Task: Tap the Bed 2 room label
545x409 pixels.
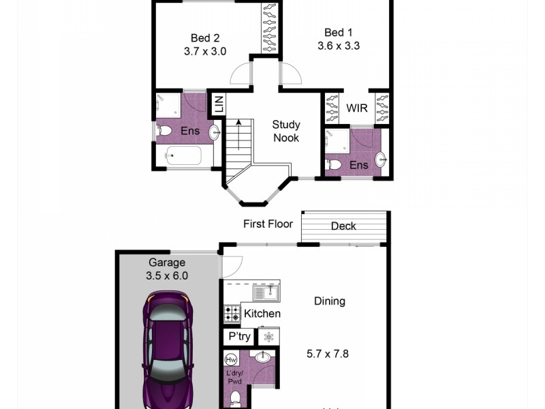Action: [205, 38]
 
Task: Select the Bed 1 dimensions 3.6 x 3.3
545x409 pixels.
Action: [339, 46]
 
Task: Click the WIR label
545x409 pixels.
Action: [357, 108]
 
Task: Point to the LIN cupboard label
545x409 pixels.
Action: [219, 105]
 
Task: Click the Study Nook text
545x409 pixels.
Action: [286, 131]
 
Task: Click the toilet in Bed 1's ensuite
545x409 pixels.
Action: [334, 164]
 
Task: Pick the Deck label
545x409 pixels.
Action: [343, 226]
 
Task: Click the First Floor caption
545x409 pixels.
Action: [268, 224]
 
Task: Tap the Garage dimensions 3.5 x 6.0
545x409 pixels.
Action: [167, 276]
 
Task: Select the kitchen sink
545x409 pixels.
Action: [265, 292]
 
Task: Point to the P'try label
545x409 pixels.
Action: [239, 337]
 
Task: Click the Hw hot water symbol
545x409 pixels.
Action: [231, 358]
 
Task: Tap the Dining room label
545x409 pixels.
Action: [330, 301]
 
